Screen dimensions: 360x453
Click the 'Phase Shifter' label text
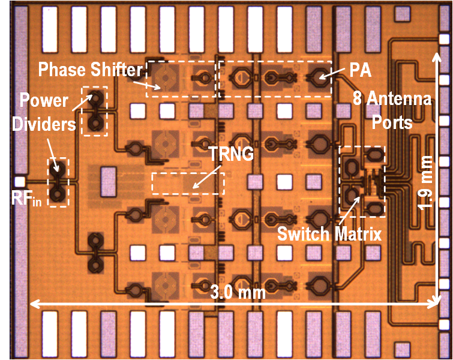[91, 70]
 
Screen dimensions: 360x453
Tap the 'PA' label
[359, 70]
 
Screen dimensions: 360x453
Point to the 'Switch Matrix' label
[329, 234]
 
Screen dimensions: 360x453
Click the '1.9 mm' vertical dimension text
[427, 182]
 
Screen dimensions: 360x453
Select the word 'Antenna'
[400, 98]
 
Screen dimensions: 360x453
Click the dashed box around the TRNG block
[188, 184]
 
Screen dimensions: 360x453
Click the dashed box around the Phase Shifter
[181, 79]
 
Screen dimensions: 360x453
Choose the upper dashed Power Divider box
[94, 111]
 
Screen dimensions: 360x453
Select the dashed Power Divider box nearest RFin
[58, 182]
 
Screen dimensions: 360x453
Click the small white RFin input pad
[20, 181]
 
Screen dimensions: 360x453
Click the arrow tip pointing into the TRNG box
[193, 188]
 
